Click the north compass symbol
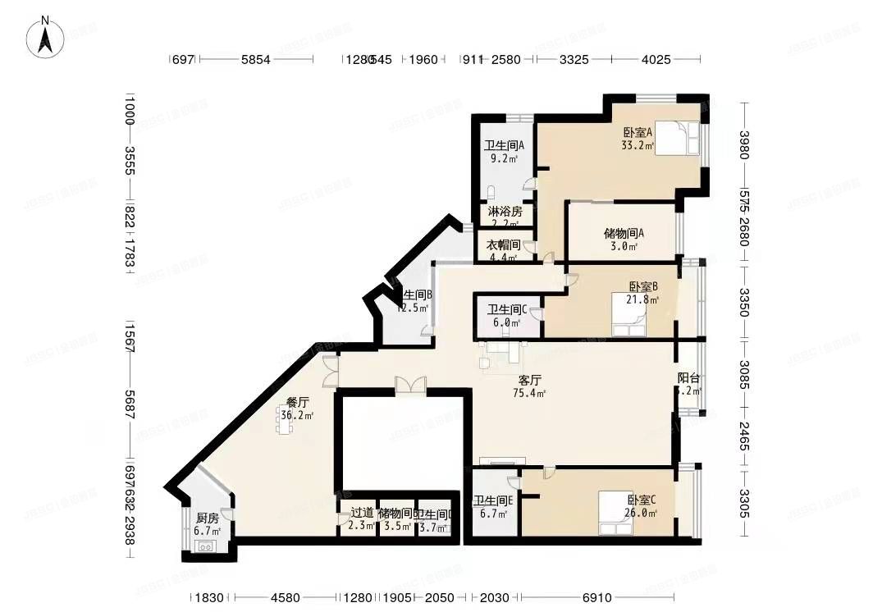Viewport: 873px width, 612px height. (x=48, y=38)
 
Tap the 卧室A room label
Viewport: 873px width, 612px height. (x=638, y=137)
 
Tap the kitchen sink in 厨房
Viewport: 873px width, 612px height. (x=205, y=546)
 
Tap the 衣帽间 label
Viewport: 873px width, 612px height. (x=504, y=250)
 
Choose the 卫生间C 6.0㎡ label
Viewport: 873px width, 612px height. (x=507, y=316)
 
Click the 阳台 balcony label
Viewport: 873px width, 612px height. (x=688, y=384)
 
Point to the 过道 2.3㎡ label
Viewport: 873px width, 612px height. (x=362, y=518)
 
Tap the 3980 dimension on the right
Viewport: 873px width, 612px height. (x=745, y=148)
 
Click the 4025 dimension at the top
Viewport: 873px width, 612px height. (x=656, y=60)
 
